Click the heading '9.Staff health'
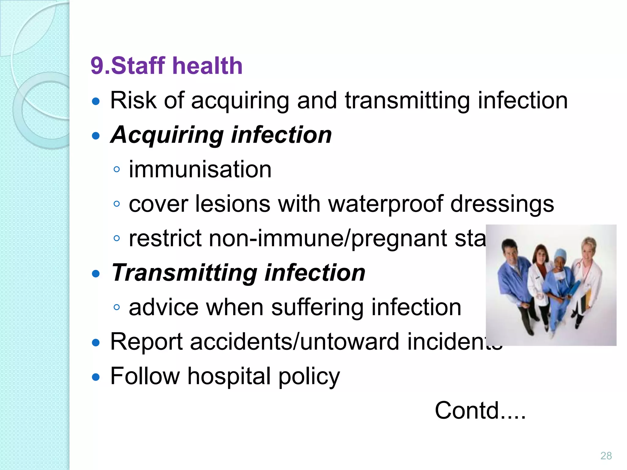(167, 66)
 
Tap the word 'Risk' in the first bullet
(133, 100)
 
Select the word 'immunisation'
(200, 169)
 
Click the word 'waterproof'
(385, 204)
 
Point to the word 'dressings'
(502, 204)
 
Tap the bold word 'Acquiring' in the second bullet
(167, 135)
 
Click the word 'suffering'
(317, 307)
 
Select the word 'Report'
(146, 341)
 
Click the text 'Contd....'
(480, 410)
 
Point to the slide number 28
(606, 456)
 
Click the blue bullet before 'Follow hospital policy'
(96, 377)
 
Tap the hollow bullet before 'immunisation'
(116, 169)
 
